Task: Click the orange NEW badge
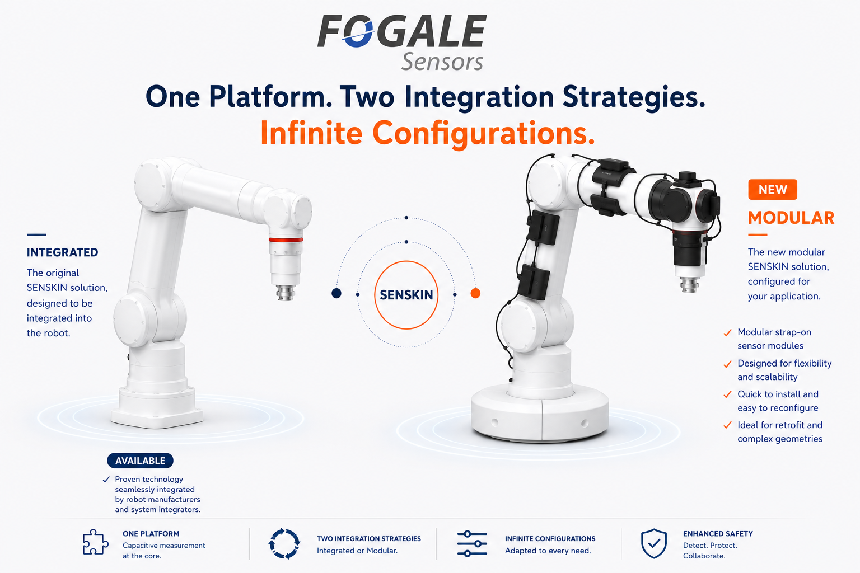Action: coord(773,190)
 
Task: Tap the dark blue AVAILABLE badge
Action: coord(140,461)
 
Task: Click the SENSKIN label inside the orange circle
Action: coord(406,295)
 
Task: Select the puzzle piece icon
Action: coord(96,542)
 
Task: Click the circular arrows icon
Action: coord(284,543)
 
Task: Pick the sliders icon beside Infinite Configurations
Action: coord(472,544)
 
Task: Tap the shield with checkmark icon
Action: coord(654,543)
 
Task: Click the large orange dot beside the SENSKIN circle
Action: coord(475,293)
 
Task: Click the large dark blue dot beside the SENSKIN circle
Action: coord(336,293)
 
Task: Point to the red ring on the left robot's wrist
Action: coord(286,240)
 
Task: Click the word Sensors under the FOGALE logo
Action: coord(442,62)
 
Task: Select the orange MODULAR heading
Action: coord(791,218)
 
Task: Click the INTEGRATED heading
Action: coord(62,252)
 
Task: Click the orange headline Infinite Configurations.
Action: coord(428,133)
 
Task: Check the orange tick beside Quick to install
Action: coord(727,394)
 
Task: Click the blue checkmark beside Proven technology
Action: coord(106,480)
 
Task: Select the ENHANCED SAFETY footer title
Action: coord(718,534)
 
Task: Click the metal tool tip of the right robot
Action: coord(690,285)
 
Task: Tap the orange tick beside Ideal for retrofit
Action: coord(727,425)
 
